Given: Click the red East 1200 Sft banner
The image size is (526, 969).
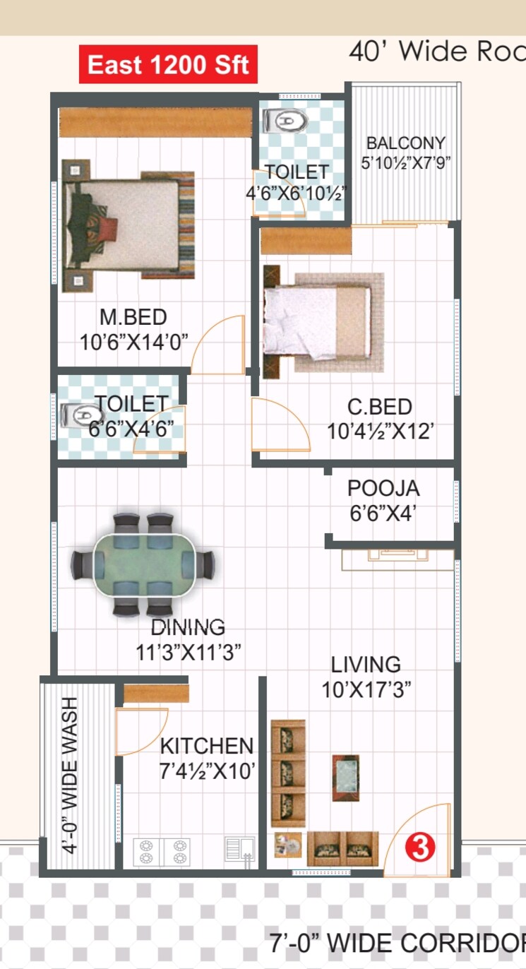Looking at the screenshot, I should tap(168, 65).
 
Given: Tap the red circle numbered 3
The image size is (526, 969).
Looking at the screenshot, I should tap(421, 848).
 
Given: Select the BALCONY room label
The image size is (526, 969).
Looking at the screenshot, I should tap(405, 143).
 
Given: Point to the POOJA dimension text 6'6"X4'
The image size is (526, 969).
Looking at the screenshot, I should tap(383, 513).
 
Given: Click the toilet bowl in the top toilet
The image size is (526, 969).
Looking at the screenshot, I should tap(287, 121).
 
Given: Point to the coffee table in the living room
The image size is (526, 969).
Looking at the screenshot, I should tap(346, 777).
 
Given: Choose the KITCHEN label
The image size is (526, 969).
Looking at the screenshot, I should tap(206, 746).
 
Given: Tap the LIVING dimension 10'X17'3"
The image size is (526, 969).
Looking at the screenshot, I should tap(366, 689).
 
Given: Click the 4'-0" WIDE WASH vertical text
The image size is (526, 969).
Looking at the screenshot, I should tap(71, 775).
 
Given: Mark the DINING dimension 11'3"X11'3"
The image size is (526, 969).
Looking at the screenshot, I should tap(189, 651).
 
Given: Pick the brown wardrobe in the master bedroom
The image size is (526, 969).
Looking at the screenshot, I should tap(155, 122).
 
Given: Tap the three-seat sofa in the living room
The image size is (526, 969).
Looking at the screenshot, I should tap(288, 773).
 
